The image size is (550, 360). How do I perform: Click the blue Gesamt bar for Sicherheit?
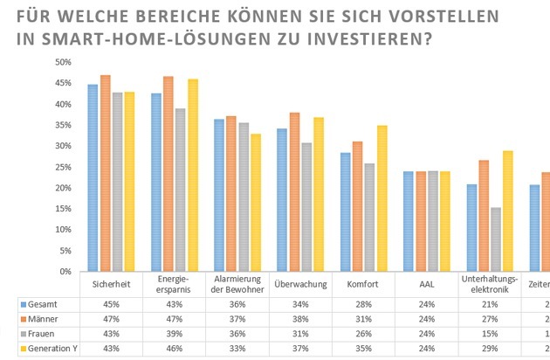coord(93,178)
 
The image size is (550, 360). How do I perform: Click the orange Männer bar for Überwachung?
coord(294,192)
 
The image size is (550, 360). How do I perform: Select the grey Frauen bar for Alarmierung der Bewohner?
coord(244,197)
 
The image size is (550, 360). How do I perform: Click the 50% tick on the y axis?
coord(62,62)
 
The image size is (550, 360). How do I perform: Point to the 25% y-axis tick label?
coord(62,167)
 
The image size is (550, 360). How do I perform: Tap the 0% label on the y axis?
coord(65,272)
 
